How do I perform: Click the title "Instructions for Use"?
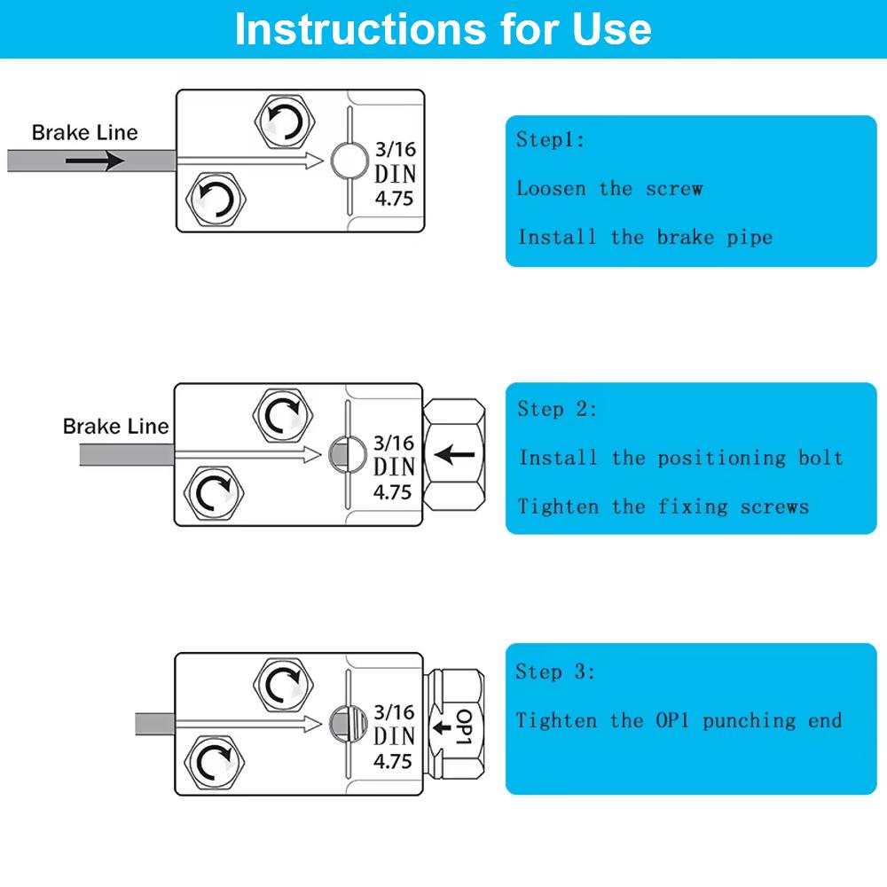(x=443, y=28)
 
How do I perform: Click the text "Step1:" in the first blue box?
(x=551, y=140)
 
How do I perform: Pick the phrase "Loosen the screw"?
(x=609, y=188)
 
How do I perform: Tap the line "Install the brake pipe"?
(x=645, y=237)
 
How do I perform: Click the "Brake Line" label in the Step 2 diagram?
(x=115, y=427)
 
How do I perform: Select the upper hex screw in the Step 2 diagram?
(x=283, y=414)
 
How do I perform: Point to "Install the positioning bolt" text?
(x=681, y=458)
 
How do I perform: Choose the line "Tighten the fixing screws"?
(x=663, y=506)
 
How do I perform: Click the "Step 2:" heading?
(x=557, y=409)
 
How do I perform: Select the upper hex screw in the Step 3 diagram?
(x=283, y=684)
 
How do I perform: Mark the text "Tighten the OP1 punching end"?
(x=679, y=720)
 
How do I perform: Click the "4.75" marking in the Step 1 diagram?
(x=394, y=198)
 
